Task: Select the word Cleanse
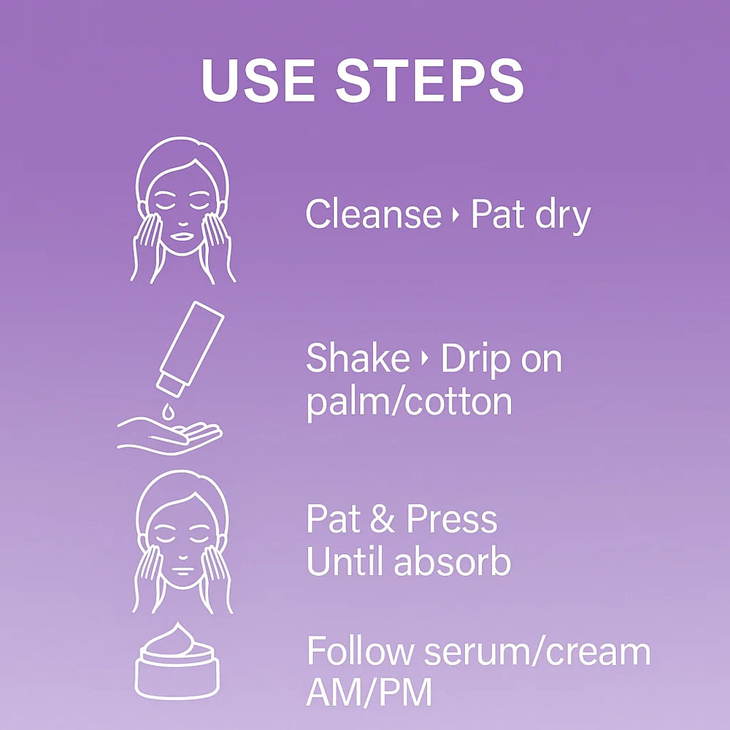pyautogui.click(x=373, y=215)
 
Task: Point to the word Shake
pyautogui.click(x=358, y=358)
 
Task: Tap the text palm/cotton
pyautogui.click(x=409, y=402)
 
